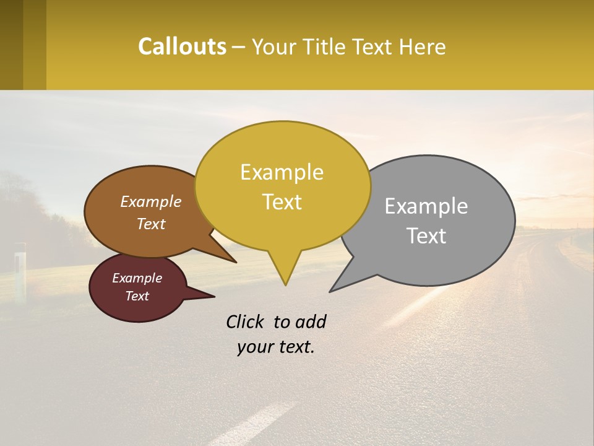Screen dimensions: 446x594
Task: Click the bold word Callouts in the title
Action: [182, 46]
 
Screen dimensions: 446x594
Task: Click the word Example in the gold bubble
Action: [282, 172]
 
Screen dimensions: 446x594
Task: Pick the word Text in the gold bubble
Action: [282, 202]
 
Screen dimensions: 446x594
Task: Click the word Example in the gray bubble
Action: [426, 206]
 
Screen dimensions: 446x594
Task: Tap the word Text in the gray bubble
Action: [426, 236]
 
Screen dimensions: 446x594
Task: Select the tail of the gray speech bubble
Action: [337, 286]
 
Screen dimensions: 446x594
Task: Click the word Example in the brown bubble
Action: [151, 201]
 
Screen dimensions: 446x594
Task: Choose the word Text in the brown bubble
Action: [151, 224]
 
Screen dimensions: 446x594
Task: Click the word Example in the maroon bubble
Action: [137, 278]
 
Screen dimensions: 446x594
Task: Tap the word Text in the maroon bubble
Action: [137, 296]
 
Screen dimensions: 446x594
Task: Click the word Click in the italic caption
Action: [246, 321]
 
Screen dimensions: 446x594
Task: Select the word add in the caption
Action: [311, 321]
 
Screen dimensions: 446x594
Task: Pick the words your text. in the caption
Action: [276, 347]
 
